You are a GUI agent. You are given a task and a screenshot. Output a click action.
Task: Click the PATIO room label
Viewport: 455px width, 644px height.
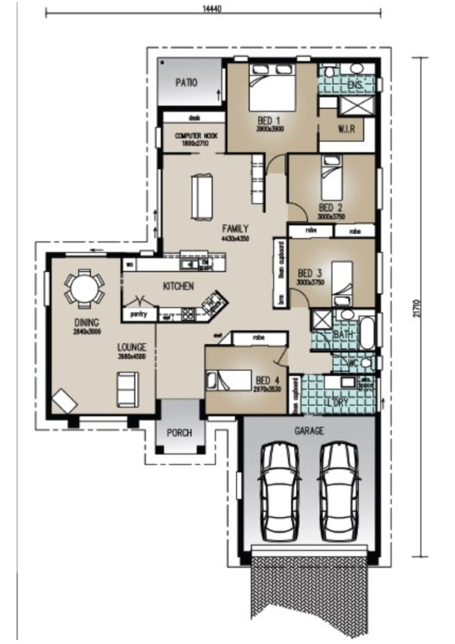[186, 83]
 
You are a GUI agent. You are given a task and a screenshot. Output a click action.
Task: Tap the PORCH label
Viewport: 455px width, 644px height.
[179, 433]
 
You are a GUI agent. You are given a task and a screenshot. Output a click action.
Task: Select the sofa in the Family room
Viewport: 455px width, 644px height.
[201, 198]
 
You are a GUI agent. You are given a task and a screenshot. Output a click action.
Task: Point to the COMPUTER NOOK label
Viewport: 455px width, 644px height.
[196, 139]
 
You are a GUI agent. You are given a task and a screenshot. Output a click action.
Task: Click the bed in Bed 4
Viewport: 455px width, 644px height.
[227, 380]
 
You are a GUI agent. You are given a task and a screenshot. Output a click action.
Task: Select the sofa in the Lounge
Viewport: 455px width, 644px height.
[127, 389]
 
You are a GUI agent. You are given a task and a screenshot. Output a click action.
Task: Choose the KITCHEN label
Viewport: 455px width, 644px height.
[178, 286]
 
